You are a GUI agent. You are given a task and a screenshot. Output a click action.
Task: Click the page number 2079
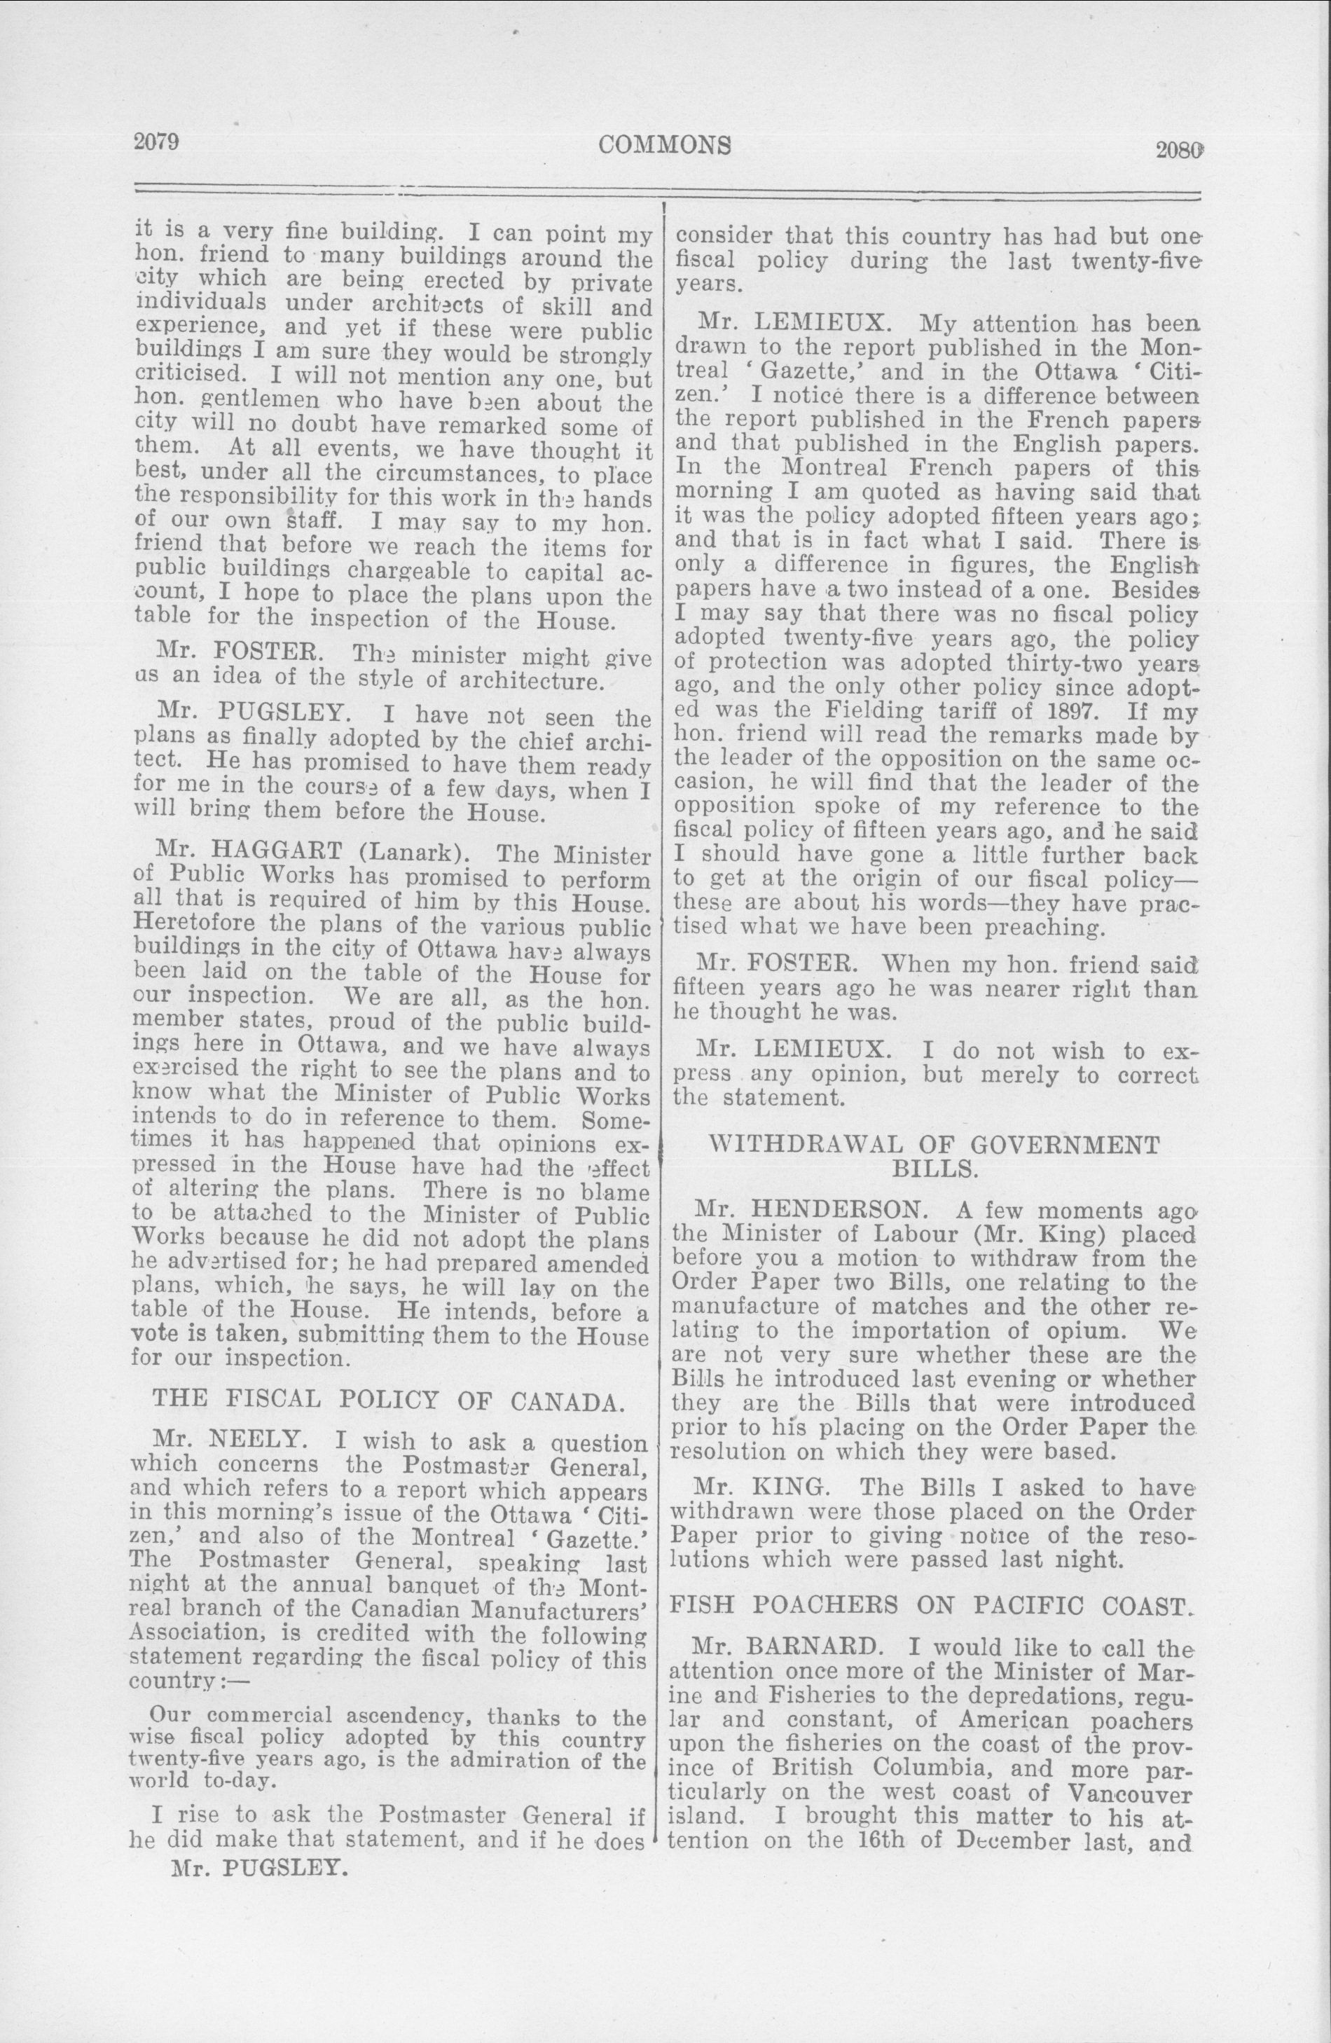pos(156,142)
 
